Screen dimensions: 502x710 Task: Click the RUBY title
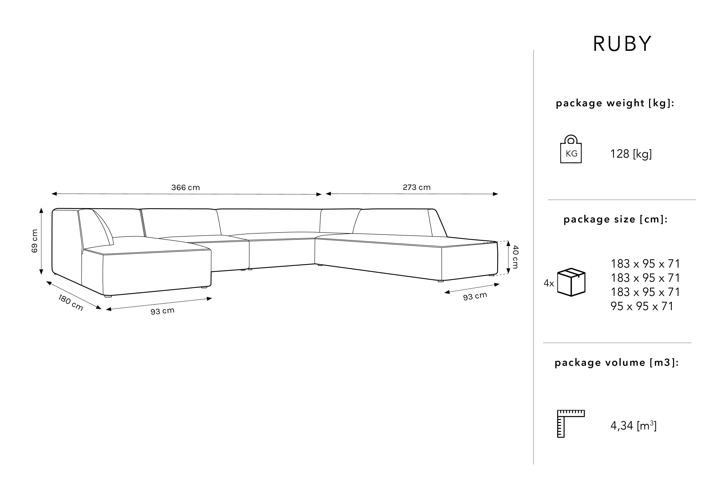622,44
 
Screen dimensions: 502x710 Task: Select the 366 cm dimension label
186,187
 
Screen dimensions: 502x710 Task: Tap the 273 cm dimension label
417,187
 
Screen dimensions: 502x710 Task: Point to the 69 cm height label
35,241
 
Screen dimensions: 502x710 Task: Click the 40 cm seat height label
515,257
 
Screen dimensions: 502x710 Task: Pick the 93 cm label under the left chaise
162,311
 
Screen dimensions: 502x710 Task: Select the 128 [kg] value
631,154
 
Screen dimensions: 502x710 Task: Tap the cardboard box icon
571,282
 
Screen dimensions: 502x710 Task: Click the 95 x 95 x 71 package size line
642,306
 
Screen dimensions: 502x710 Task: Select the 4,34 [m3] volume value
633,426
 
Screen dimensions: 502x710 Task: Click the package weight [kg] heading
615,103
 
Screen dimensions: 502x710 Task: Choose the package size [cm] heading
615,219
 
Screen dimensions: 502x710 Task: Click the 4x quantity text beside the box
549,283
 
